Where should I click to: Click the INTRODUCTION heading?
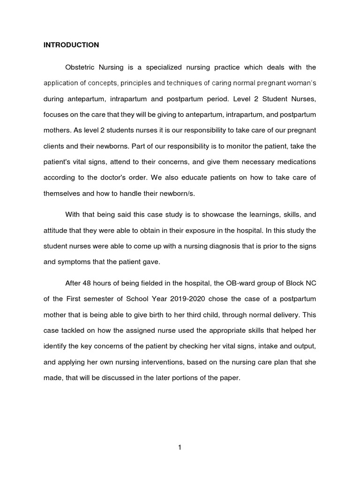pos(71,45)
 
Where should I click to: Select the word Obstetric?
pos(80,67)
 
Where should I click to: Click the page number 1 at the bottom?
pos(180,447)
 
